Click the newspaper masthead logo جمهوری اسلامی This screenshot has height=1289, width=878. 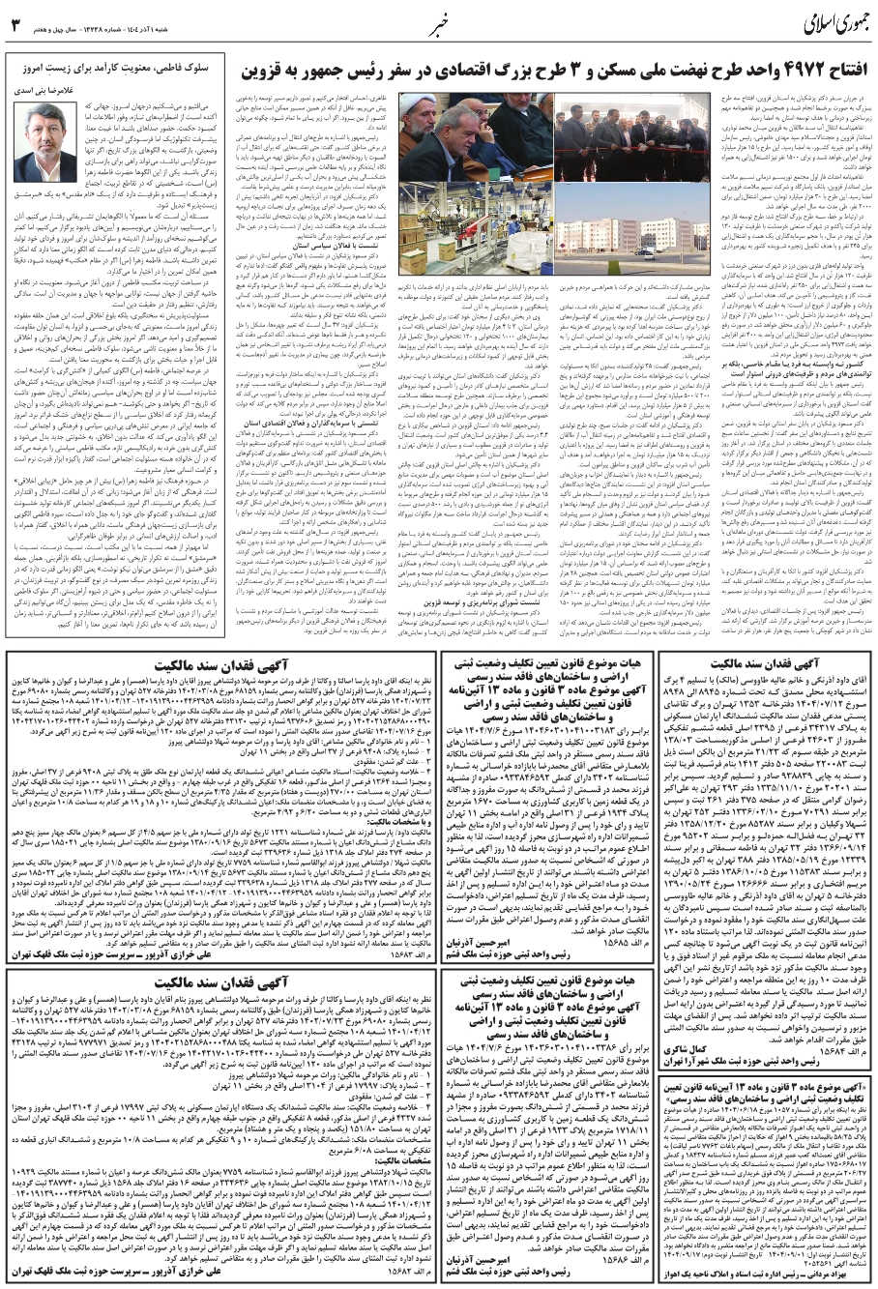pos(808,22)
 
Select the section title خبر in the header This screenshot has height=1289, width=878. pos(440,22)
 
